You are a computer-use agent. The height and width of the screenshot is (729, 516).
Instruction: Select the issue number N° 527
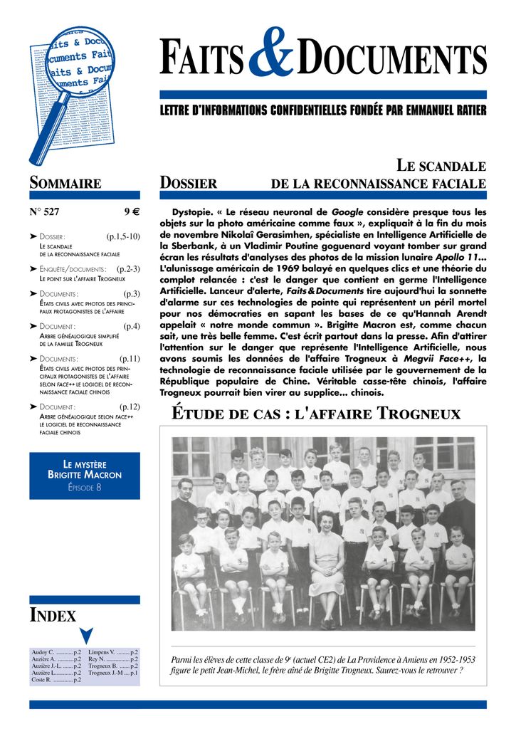[44, 211]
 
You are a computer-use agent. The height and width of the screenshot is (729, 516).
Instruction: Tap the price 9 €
[131, 211]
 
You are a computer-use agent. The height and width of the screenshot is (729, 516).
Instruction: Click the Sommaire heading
[65, 183]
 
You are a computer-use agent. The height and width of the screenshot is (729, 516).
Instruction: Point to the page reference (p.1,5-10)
[123, 236]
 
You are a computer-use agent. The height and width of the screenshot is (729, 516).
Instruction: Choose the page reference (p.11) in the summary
[130, 359]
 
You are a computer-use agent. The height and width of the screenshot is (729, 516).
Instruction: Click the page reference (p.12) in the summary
[130, 407]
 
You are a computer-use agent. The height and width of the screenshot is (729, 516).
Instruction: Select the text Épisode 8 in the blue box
[84, 487]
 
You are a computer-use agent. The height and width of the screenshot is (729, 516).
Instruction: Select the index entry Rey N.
[98, 659]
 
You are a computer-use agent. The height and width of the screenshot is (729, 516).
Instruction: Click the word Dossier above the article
[189, 184]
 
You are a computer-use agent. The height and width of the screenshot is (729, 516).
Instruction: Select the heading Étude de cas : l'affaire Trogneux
[317, 414]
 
